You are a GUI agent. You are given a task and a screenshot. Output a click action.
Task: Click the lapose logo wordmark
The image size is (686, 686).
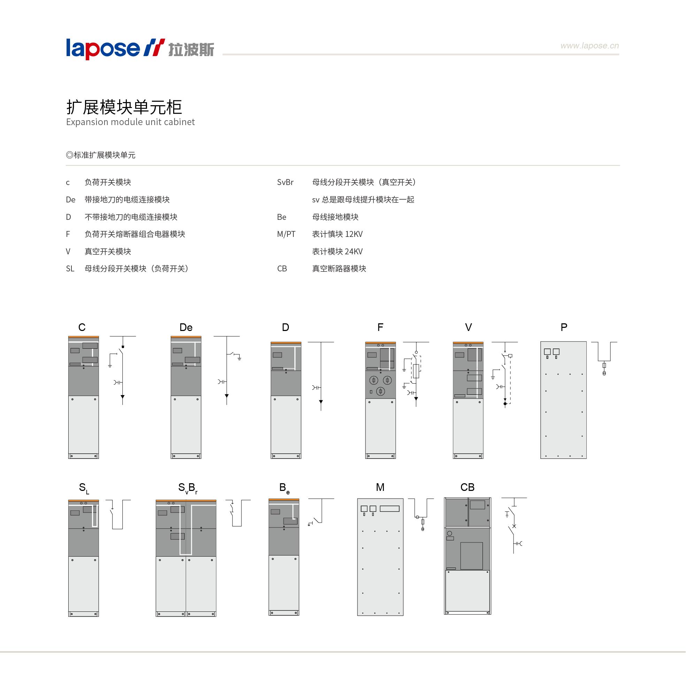[103, 49]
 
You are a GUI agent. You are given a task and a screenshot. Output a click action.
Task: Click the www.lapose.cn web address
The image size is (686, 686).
[589, 46]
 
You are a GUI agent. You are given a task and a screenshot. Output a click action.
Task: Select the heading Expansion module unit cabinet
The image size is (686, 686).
[130, 122]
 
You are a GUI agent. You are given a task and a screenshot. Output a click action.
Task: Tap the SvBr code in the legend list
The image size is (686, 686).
[285, 182]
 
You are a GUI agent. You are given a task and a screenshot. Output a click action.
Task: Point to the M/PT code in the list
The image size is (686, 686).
[286, 234]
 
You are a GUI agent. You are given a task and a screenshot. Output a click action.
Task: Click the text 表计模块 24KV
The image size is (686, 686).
[337, 252]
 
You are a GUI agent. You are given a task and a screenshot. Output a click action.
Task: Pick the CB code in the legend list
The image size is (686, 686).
[282, 268]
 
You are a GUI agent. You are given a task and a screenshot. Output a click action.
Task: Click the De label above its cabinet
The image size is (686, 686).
[186, 327]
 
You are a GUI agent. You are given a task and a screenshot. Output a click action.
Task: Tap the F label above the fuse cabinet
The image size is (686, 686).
[380, 327]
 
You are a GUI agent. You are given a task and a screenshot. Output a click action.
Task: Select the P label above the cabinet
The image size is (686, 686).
[564, 327]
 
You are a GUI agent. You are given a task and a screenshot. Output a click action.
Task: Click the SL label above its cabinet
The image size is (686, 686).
[84, 488]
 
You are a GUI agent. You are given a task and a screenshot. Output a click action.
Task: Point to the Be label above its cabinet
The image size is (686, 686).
[284, 488]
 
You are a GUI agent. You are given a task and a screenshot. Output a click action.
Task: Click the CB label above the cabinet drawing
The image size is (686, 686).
[467, 487]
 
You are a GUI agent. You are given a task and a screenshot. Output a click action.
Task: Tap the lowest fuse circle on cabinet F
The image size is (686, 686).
[381, 391]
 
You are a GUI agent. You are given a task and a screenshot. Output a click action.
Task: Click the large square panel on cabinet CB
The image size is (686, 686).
[471, 556]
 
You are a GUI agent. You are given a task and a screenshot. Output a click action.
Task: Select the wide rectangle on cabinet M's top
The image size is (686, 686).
[390, 509]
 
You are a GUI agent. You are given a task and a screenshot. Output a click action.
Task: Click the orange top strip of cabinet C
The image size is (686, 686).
[84, 337]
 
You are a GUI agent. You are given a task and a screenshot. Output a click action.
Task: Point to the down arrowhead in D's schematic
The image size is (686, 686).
[321, 402]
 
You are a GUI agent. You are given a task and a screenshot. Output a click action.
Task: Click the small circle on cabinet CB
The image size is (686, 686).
[449, 533]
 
